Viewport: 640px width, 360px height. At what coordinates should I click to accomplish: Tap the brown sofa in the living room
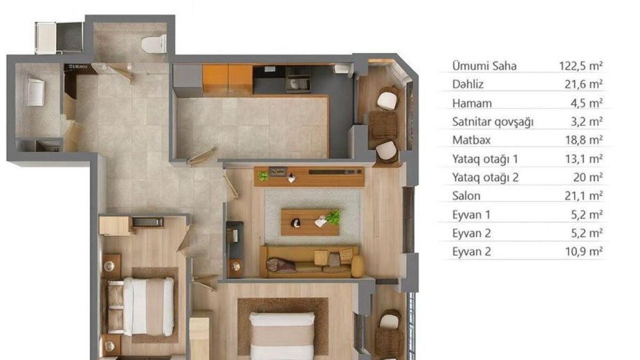point(312,261)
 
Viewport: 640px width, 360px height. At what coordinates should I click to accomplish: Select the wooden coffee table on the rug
point(310,222)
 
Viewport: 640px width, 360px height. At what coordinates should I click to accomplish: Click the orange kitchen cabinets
point(227,79)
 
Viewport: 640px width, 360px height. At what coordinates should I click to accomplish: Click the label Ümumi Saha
point(484,66)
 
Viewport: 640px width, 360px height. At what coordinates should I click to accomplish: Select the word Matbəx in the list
point(471,140)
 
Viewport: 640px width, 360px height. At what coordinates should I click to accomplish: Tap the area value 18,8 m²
point(584,140)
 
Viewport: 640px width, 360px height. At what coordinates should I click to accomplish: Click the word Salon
point(466,196)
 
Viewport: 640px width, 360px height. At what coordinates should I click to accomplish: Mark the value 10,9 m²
point(584,252)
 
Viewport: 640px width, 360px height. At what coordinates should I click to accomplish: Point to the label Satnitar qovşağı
point(492,122)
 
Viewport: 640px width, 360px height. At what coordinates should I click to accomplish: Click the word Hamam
point(472,103)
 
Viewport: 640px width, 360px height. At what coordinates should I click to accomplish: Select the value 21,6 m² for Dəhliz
point(584,84)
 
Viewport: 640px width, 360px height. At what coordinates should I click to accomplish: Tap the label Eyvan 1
point(471,215)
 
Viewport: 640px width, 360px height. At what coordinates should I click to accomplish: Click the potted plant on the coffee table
point(333,217)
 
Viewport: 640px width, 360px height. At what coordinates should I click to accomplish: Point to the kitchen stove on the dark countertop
point(297,80)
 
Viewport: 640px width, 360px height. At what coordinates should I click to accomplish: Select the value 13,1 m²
point(584,159)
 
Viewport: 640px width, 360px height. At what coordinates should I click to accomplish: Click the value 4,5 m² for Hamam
point(587,103)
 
